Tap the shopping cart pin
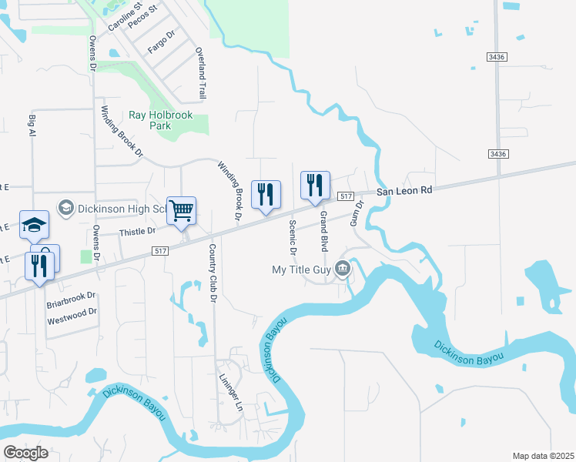(182, 209)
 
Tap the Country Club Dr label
(213, 273)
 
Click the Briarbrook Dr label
(71, 295)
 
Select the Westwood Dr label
(72, 312)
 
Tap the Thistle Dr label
(138, 230)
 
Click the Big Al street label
(32, 127)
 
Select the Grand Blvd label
(324, 232)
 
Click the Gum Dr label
(356, 210)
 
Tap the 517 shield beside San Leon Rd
(345, 197)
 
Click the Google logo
(25, 453)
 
